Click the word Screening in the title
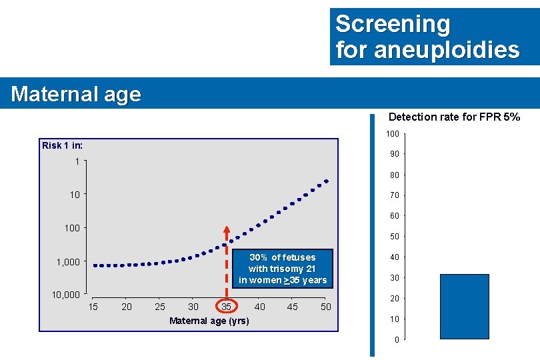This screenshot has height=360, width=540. tap(393, 24)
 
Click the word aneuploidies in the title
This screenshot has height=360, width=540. tap(447, 50)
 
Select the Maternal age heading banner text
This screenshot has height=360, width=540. tap(76, 94)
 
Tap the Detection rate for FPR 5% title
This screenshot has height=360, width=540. tap(454, 117)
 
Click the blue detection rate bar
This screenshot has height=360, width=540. tap(465, 306)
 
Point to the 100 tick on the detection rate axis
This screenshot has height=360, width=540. tap(393, 135)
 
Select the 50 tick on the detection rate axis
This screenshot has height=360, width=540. tap(395, 237)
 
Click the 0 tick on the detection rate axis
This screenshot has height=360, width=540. tap(397, 340)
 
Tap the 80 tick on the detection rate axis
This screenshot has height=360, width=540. tap(395, 175)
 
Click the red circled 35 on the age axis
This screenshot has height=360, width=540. tap(226, 307)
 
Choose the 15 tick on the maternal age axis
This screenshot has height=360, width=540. tap(93, 307)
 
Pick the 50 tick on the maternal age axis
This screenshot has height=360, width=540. tap(326, 307)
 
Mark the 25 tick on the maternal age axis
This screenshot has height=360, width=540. tap(160, 307)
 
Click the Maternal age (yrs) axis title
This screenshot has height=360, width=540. tap(209, 321)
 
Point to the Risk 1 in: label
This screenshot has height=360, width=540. tap(63, 145)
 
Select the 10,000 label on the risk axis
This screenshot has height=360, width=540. tap(67, 295)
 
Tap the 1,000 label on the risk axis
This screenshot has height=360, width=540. tap(69, 262)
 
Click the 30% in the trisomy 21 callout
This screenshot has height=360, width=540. tap(259, 257)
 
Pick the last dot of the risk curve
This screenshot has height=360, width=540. tap(327, 181)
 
